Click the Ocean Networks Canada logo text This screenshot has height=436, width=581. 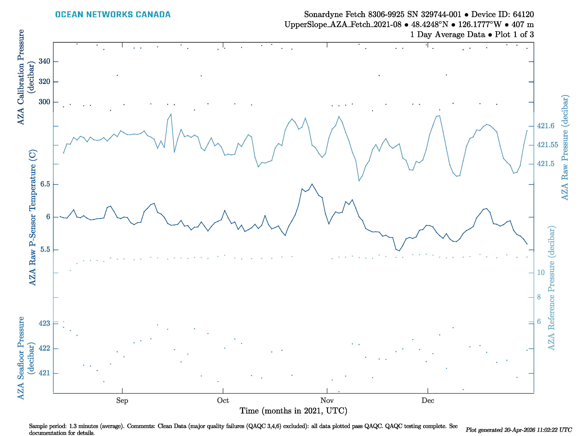tap(113, 15)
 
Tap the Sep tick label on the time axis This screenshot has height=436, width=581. tap(122, 401)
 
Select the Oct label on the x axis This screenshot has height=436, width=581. tap(223, 401)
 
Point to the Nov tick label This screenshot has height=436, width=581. tap(327, 401)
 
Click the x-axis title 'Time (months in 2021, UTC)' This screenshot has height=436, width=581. tap(293, 411)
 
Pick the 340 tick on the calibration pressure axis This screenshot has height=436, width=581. tap(44, 61)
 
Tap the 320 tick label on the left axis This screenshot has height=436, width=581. tap(44, 81)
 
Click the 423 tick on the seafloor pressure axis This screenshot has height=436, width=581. tap(44, 323)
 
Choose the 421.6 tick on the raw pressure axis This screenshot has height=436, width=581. tap(546, 126)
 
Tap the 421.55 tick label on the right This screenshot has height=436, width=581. tap(547, 145)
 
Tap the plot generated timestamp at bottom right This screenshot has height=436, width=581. tap(519, 430)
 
